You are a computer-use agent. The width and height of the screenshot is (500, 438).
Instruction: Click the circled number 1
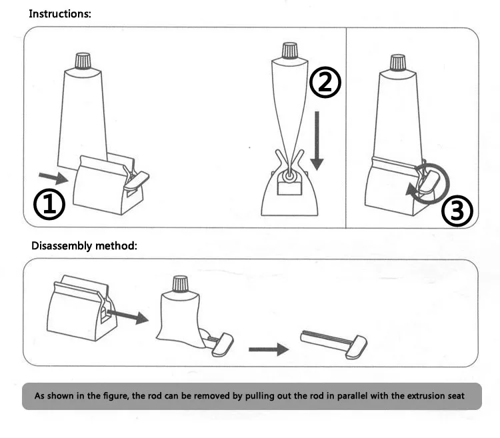click(x=50, y=204)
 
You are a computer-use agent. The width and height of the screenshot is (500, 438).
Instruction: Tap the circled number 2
click(x=325, y=82)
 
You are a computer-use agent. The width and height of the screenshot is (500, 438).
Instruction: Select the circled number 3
click(x=457, y=211)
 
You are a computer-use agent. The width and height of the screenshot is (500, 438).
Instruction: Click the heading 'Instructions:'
click(x=61, y=14)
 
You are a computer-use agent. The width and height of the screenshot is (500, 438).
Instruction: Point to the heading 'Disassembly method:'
click(x=84, y=245)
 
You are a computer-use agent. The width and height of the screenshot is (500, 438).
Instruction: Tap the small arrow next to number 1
click(x=53, y=177)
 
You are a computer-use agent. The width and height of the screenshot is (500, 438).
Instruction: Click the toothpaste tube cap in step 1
click(x=83, y=61)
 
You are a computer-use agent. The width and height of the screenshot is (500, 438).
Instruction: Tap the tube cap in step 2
click(x=290, y=50)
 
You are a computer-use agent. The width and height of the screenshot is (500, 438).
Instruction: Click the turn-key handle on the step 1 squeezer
click(x=136, y=178)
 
